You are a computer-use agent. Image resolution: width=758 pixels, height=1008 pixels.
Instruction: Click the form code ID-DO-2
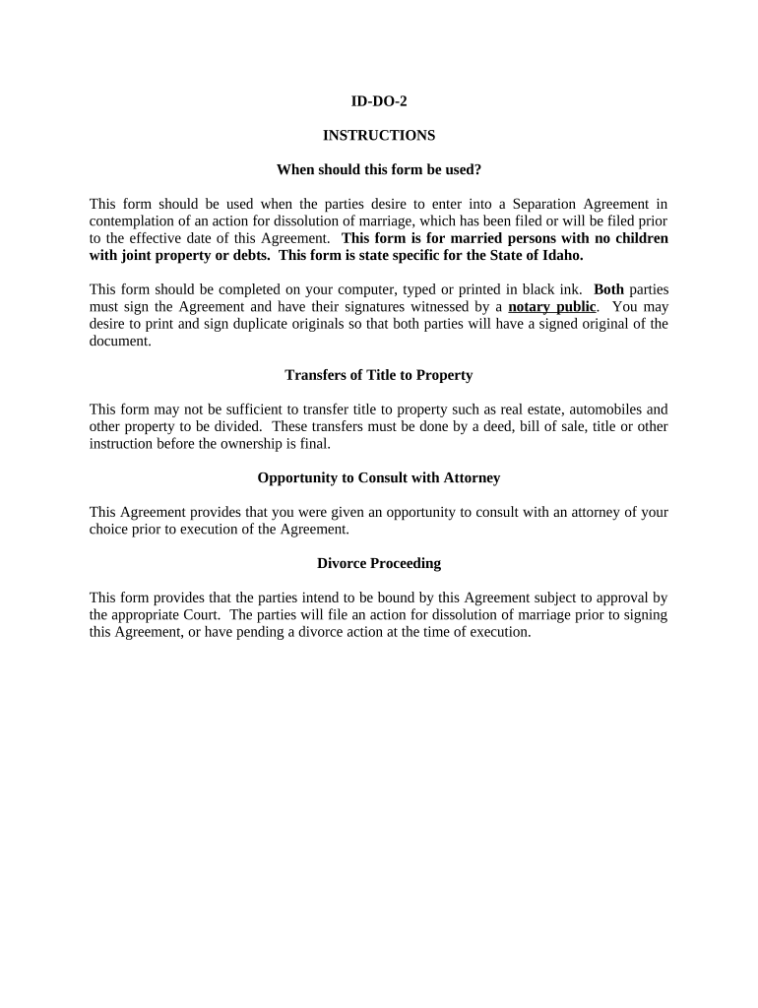(x=379, y=100)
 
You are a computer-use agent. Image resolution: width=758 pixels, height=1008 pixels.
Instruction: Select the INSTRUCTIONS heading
(x=379, y=135)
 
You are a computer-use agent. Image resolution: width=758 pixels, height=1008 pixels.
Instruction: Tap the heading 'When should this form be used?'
(x=379, y=169)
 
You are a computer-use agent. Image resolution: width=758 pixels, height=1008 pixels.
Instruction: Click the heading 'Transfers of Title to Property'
(x=379, y=375)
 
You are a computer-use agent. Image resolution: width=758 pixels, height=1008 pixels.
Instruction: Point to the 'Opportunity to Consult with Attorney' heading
(x=379, y=477)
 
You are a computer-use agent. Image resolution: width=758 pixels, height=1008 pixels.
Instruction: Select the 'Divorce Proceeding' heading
(x=379, y=563)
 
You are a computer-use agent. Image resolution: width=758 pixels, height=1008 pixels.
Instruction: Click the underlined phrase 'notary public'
(x=551, y=306)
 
